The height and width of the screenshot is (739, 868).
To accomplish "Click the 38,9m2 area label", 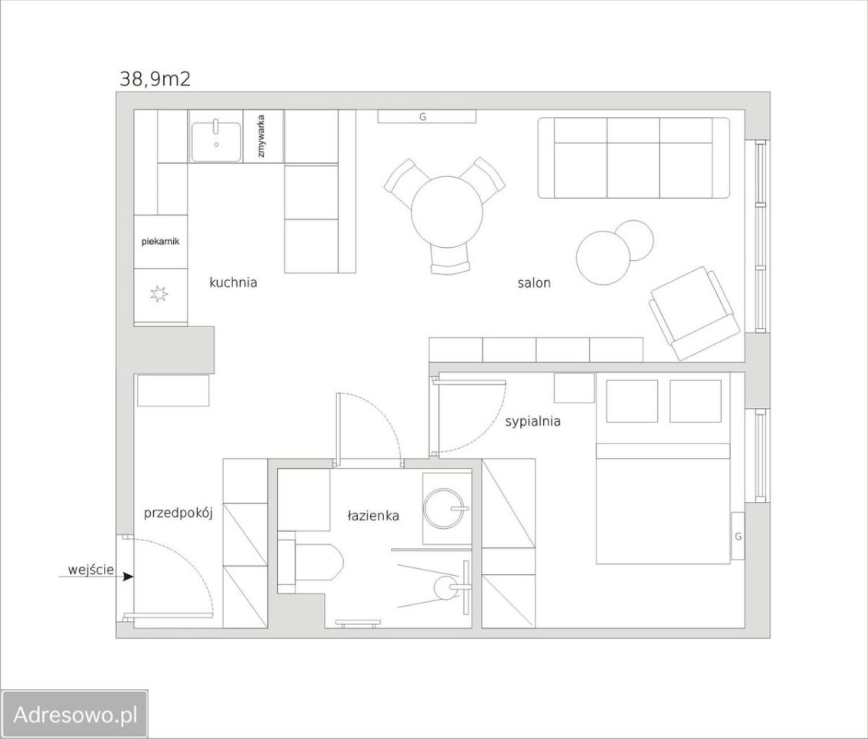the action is tap(155, 79).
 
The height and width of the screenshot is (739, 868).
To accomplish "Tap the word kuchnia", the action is tap(233, 283).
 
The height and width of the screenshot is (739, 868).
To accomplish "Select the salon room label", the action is tap(534, 283).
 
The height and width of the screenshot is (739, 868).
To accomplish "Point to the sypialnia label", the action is tap(532, 422).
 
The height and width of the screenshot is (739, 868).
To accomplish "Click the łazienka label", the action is tap(373, 516).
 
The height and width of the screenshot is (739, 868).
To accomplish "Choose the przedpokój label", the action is tap(179, 513).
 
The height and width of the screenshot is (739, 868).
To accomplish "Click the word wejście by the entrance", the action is tap(91, 570).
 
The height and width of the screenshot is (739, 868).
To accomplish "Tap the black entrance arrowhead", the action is tap(129, 577).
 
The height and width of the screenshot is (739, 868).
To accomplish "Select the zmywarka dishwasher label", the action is tap(262, 135).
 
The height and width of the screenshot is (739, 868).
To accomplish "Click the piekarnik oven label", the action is tap(161, 242).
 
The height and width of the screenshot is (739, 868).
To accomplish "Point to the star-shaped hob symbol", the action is tap(159, 293).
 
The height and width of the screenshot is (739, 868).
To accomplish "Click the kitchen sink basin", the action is tap(216, 142).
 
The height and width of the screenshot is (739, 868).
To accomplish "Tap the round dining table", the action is tap(447, 212).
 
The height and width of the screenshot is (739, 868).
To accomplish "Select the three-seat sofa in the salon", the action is tap(634, 158).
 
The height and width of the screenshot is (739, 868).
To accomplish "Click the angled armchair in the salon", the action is tap(695, 313).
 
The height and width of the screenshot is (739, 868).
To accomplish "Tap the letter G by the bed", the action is tap(738, 537).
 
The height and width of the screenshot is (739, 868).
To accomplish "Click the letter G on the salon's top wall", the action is tap(423, 117).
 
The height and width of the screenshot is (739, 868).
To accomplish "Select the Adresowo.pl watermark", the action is tap(75, 714).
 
